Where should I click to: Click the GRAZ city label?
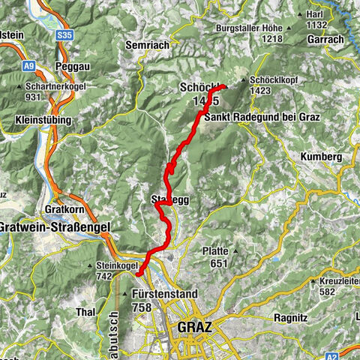point(195,327)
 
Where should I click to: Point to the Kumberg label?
point(321,156)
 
